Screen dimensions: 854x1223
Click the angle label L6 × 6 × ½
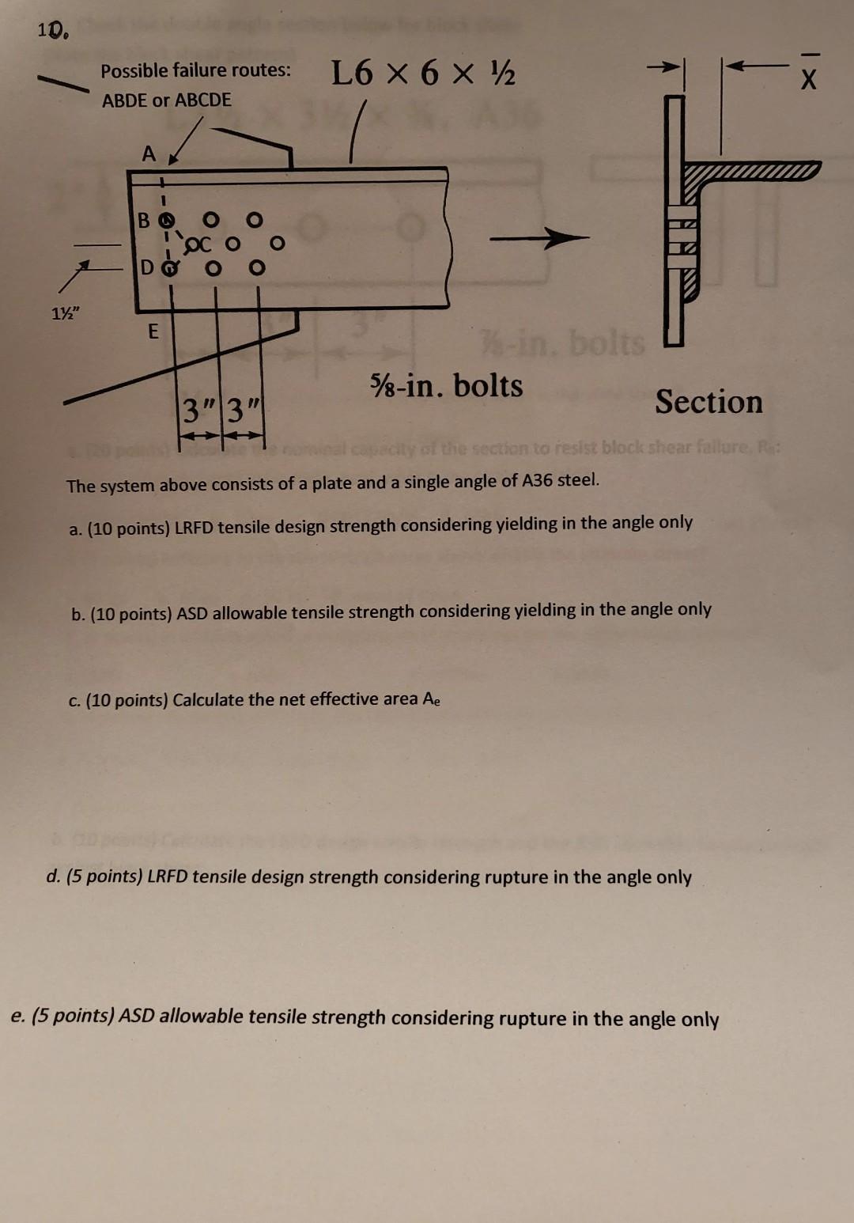[x=423, y=74]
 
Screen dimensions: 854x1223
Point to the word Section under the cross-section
[x=709, y=402]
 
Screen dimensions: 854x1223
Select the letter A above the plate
[x=149, y=154]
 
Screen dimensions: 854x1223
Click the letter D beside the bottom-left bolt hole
[x=147, y=267]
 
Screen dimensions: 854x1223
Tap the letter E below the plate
[x=153, y=331]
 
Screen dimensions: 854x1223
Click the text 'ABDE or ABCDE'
[x=167, y=100]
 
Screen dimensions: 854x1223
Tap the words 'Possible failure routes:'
[x=195, y=70]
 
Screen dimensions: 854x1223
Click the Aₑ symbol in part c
[x=431, y=699]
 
